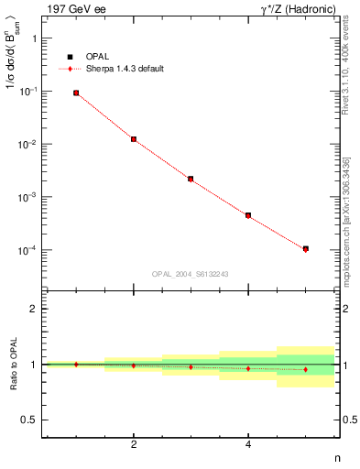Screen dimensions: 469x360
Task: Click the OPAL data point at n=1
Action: [76, 93]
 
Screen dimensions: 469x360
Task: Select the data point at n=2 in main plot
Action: [134, 139]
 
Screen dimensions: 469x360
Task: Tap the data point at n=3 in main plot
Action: [191, 179]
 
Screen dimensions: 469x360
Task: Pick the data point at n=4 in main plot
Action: [248, 215]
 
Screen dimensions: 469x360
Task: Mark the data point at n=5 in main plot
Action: [305, 249]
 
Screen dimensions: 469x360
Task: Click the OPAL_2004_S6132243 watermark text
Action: [191, 274]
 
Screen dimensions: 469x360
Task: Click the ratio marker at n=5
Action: [305, 369]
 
